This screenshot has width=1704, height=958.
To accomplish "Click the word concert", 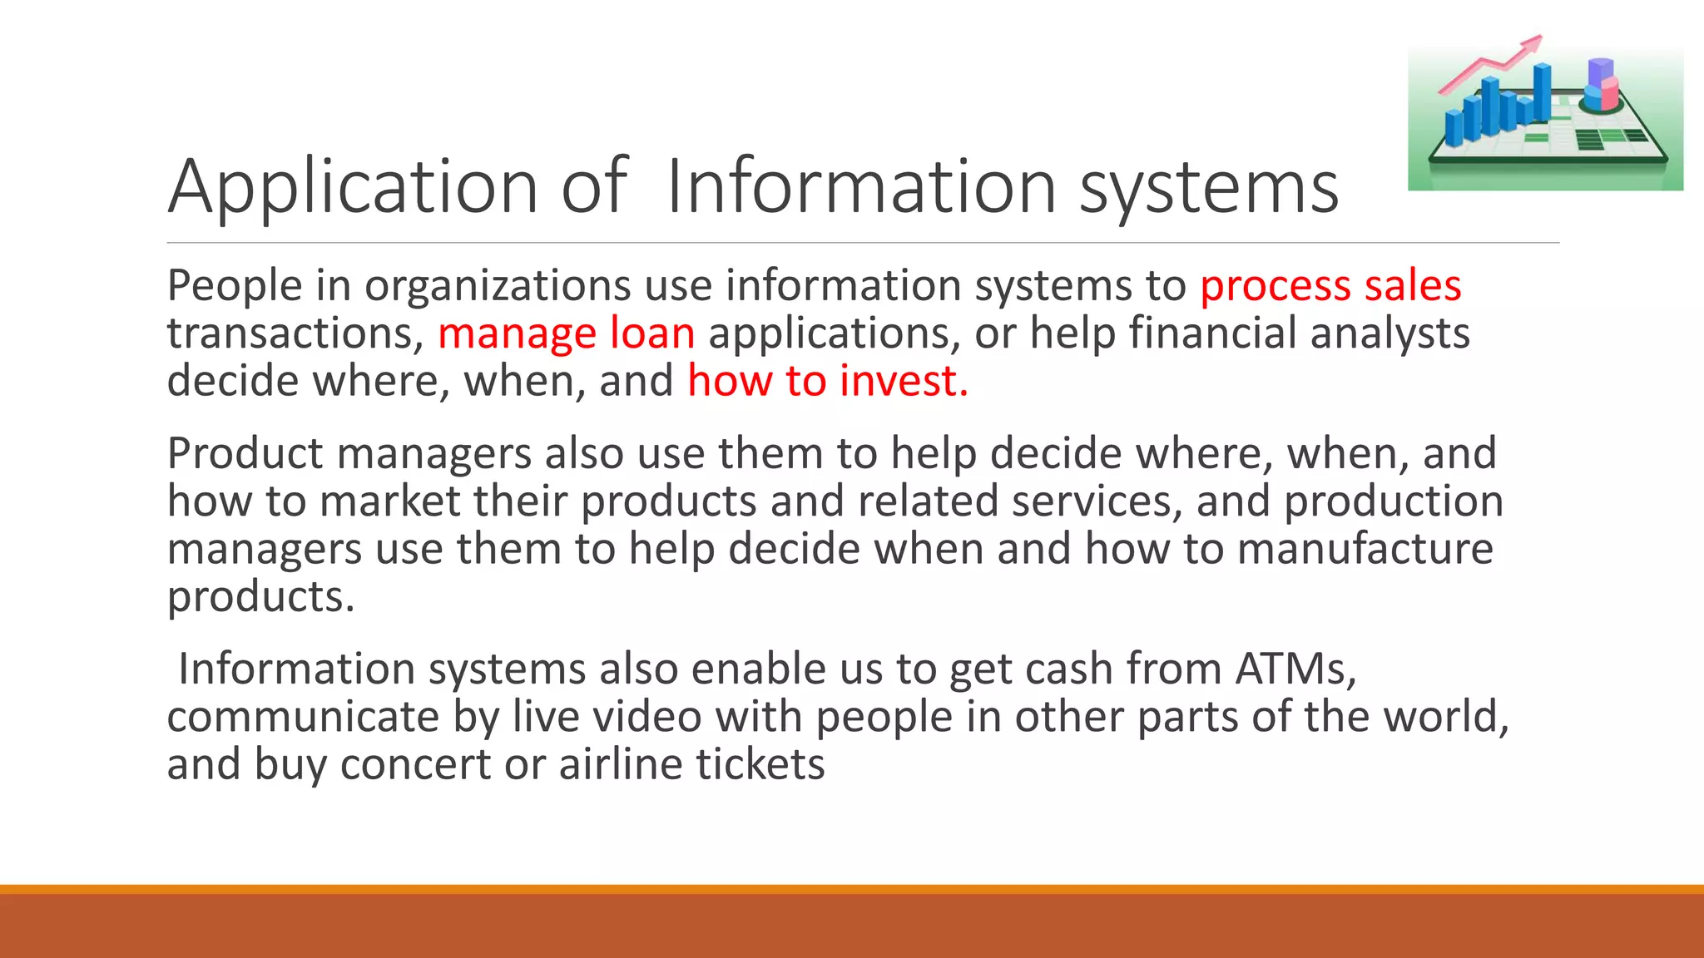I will pos(415,765).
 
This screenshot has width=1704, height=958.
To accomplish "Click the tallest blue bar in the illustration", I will pos(1542,91).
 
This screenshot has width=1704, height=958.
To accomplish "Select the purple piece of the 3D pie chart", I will pos(1599,72).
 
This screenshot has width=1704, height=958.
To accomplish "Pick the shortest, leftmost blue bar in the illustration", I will pos(1454,129).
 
